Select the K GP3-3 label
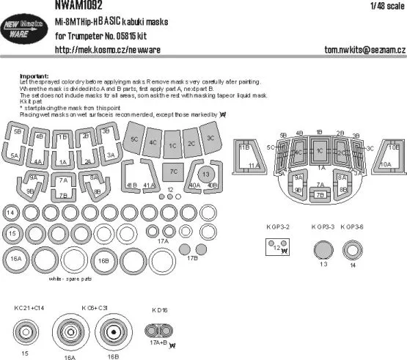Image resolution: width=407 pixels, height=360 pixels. pyautogui.click(x=323, y=227)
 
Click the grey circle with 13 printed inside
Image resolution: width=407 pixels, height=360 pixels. pyautogui.click(x=205, y=174)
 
